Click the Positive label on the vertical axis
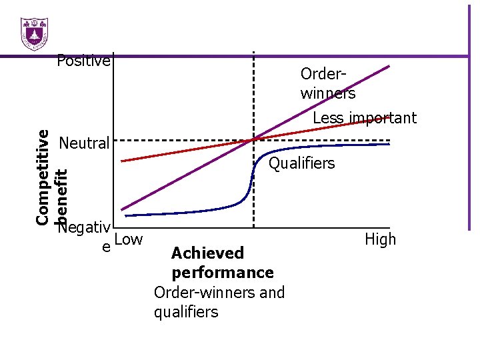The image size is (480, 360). pos(83,61)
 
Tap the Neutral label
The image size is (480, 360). pos(84,143)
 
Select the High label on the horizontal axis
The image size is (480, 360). pos(380,239)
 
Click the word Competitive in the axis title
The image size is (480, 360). pos(42,176)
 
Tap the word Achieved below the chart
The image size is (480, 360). pos(207,253)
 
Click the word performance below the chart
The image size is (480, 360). pos(222,273)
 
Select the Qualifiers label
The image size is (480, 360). pos(301,163)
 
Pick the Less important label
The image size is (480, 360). pos(365,119)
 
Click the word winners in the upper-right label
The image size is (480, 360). pos(327,93)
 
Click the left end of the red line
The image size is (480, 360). pos(122,161)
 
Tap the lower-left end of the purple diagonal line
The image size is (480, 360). pos(122,209)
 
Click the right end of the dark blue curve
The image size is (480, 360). pos(389,144)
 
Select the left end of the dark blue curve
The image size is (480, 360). pos(125,215)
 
